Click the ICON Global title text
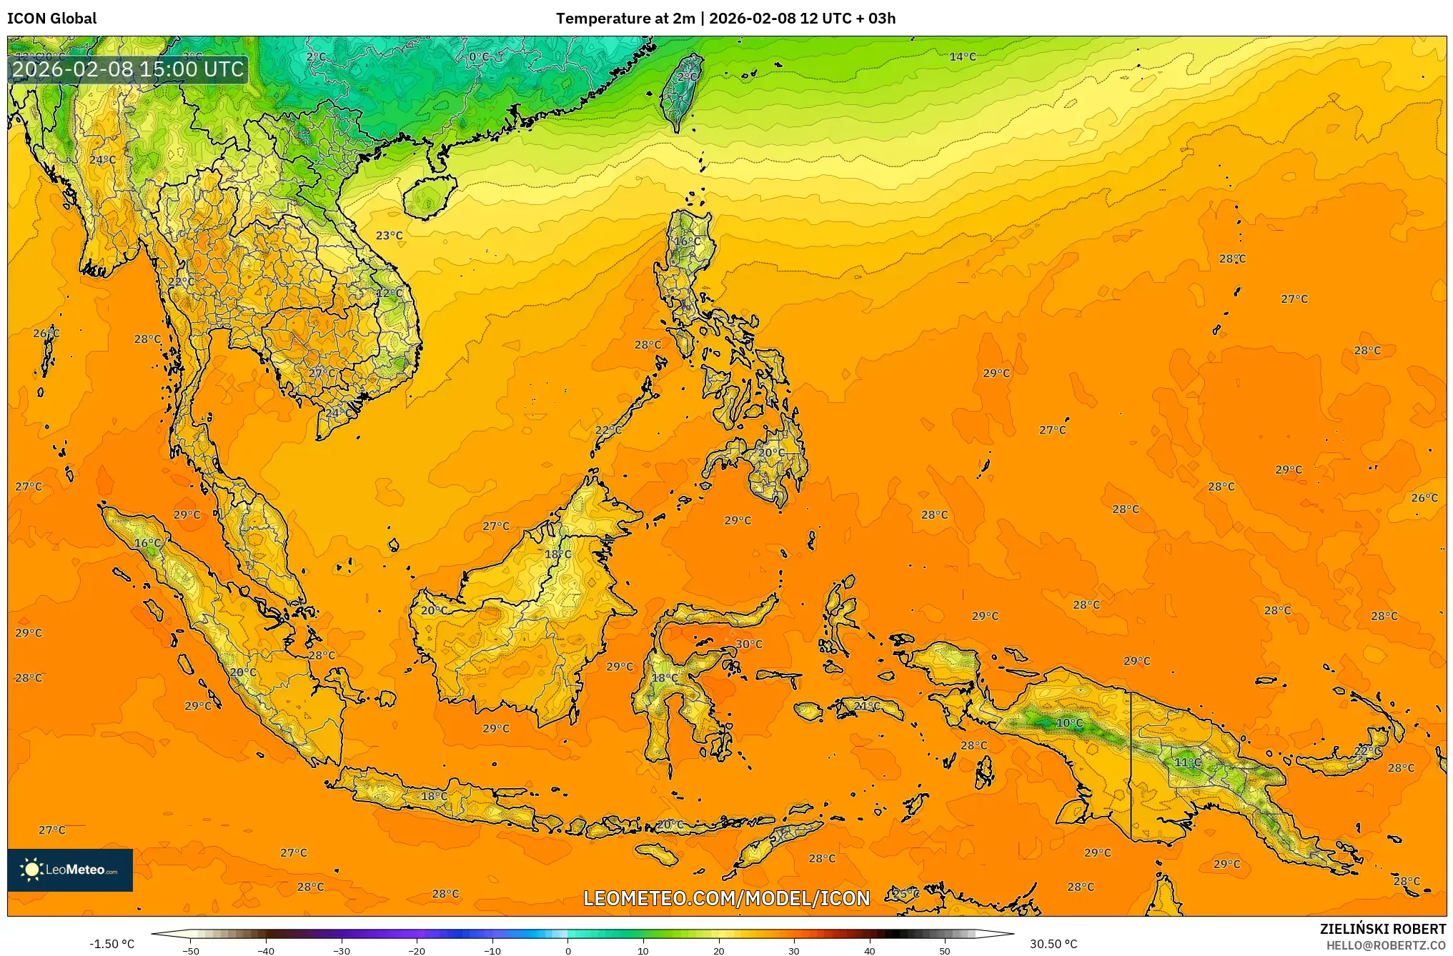[51, 19]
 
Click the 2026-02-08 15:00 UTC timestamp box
[128, 69]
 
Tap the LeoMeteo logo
[69, 870]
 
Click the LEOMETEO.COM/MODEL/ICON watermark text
[726, 898]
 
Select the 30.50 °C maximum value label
[1053, 944]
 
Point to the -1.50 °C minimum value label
[111, 944]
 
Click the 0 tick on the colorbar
[568, 950]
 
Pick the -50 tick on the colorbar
[190, 950]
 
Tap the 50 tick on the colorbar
[945, 950]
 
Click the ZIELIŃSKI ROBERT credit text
[1382, 929]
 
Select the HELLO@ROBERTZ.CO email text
[1385, 945]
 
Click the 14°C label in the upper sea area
[962, 56]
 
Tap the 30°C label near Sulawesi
[748, 644]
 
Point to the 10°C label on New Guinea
[1069, 722]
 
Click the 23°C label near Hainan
[389, 235]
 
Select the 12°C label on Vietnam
[389, 293]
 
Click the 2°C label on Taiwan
[687, 76]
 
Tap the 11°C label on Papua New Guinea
[1188, 762]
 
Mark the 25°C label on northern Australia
[906, 893]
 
